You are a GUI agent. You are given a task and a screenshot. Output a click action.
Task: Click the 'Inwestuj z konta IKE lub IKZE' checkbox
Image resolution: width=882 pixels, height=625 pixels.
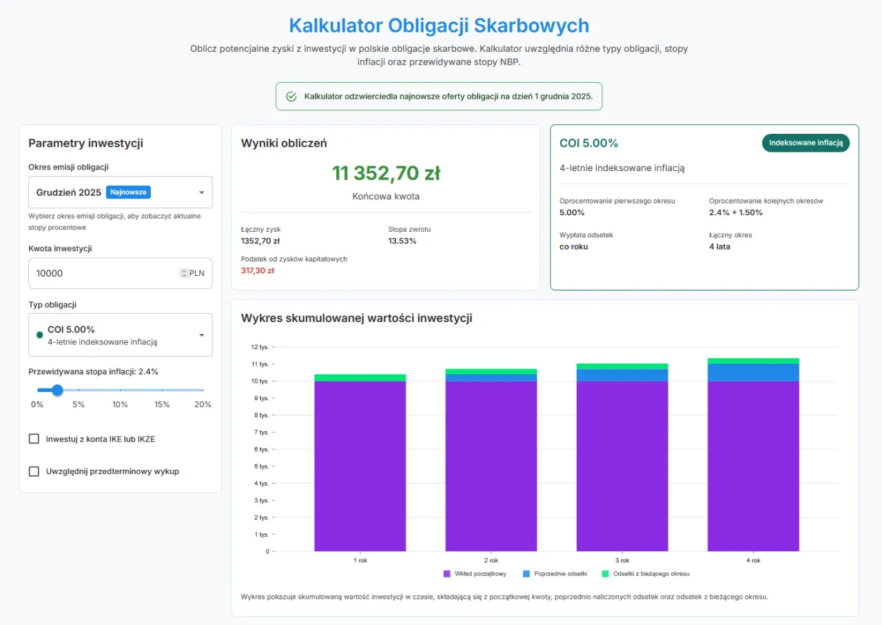pos(34,439)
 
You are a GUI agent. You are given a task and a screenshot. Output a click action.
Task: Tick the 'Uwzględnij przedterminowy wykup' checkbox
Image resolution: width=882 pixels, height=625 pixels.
pos(34,471)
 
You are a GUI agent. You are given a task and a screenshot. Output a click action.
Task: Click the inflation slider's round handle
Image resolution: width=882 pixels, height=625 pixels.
pos(58,390)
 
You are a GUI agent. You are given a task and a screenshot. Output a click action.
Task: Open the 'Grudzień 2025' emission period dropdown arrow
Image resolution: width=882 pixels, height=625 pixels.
pos(201,192)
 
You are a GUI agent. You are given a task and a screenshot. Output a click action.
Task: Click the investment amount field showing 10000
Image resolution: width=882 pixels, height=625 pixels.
pos(103,273)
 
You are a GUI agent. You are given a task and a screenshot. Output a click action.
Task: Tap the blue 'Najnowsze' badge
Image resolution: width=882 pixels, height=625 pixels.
pos(128,192)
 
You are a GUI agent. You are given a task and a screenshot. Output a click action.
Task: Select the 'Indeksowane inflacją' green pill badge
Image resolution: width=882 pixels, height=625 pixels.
pos(806,143)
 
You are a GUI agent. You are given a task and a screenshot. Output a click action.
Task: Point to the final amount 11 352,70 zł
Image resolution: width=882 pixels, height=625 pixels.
pos(386,173)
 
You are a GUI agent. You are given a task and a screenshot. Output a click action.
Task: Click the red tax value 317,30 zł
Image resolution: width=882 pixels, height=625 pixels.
pos(258,271)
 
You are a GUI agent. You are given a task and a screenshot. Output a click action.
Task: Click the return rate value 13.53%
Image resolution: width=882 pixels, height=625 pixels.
pos(402,241)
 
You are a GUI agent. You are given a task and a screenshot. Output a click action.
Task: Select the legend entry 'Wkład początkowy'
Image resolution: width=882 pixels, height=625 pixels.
pos(475,574)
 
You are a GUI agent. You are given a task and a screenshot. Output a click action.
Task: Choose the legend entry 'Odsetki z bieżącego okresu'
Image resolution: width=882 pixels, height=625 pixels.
pos(645,574)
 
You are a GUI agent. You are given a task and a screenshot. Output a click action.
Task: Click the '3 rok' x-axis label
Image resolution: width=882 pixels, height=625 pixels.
pos(622,561)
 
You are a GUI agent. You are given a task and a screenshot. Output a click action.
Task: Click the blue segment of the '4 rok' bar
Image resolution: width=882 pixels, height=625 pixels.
pos(753,372)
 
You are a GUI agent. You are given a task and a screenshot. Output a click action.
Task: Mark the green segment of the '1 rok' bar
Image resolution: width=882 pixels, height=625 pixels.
pos(360,377)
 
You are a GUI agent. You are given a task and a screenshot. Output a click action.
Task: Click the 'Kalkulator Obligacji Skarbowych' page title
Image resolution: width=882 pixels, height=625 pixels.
pos(439,26)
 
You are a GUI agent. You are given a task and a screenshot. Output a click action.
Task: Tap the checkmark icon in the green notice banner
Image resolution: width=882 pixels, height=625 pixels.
pos(291,97)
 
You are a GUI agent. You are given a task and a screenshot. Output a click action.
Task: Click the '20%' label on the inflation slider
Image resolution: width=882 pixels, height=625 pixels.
pos(203,404)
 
